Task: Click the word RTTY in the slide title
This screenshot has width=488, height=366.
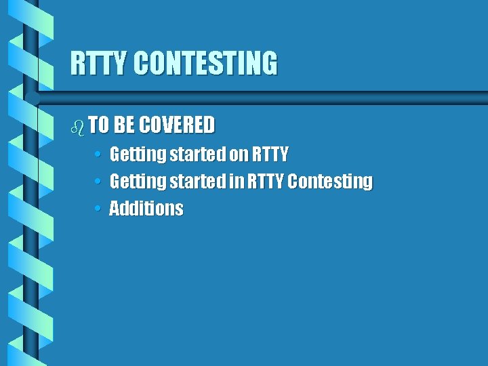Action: point(99,63)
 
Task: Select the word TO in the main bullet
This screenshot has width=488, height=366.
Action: point(99,125)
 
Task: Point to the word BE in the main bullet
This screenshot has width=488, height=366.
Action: point(124,125)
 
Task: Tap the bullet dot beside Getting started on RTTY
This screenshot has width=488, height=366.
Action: point(98,155)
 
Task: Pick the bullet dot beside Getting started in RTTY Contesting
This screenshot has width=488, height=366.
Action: point(98,182)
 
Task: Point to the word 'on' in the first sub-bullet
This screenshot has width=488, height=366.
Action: point(239,155)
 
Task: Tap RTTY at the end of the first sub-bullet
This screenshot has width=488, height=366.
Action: point(270,155)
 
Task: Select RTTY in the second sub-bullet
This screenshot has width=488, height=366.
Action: point(265,182)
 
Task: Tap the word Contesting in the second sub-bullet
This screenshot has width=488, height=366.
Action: point(330,182)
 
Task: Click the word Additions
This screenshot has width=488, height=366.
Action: point(146,209)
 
